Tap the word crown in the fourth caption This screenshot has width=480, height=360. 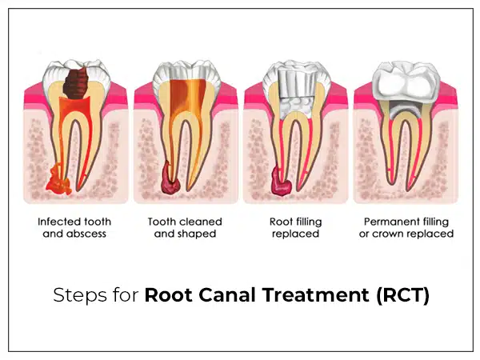[397, 234]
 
